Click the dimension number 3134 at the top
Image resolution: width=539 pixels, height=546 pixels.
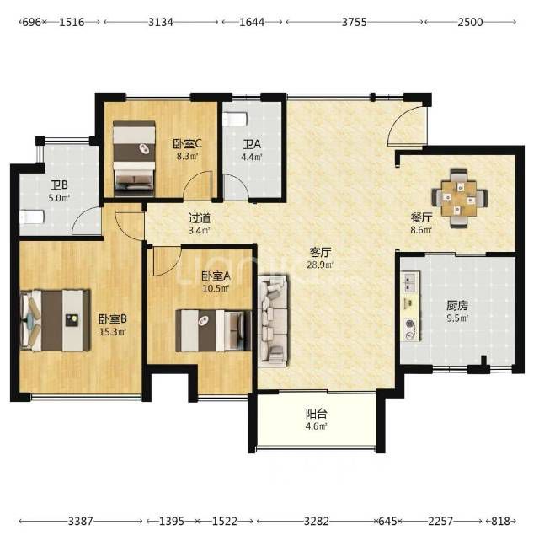(160, 22)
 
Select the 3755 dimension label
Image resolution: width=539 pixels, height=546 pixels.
(355, 22)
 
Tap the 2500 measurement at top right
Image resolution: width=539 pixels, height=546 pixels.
(470, 22)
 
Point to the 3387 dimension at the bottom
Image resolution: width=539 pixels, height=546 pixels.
(81, 522)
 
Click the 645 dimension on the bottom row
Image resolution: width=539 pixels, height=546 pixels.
(387, 522)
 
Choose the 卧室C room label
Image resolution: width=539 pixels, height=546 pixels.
(187, 143)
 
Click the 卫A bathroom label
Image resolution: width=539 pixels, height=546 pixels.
(252, 144)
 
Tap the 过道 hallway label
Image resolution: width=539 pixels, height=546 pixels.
(200, 218)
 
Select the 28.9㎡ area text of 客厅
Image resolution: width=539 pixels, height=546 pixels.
(320, 265)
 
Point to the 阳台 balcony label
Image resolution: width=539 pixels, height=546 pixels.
(317, 414)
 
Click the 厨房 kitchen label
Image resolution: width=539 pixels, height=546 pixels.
(457, 305)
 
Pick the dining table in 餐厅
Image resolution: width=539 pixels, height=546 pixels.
(459, 199)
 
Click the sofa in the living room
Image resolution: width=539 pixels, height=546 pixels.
(273, 320)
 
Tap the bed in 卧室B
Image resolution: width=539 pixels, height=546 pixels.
(56, 320)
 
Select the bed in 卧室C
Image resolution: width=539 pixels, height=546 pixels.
(134, 158)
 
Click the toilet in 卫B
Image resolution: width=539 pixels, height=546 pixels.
(32, 217)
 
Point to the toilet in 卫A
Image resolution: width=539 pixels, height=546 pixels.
(235, 119)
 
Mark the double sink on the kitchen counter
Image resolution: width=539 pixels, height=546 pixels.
(408, 282)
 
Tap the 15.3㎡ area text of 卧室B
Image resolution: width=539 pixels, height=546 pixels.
(112, 332)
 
